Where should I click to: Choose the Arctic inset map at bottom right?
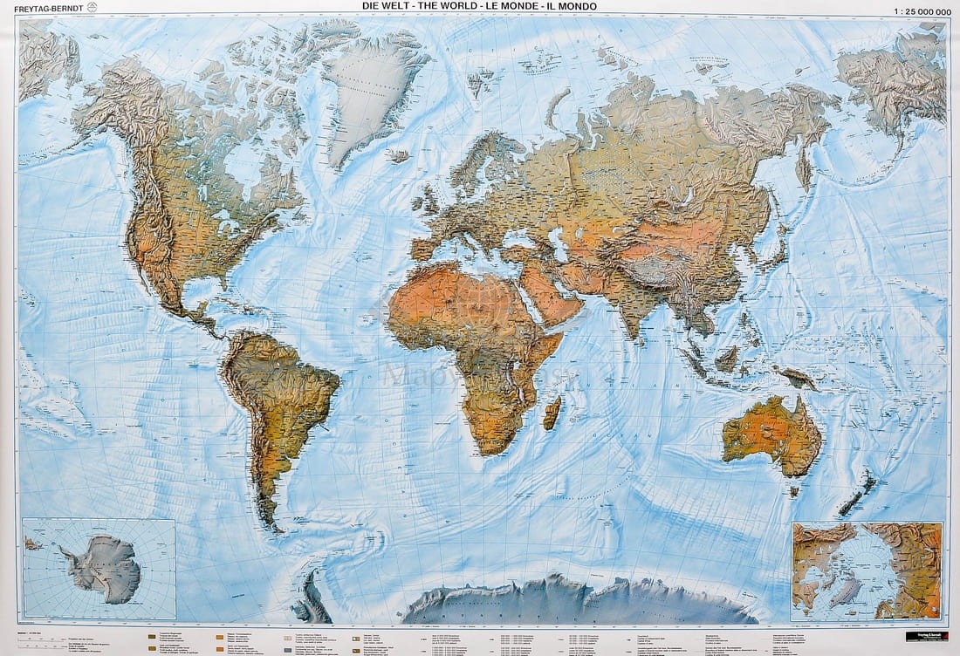867,571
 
